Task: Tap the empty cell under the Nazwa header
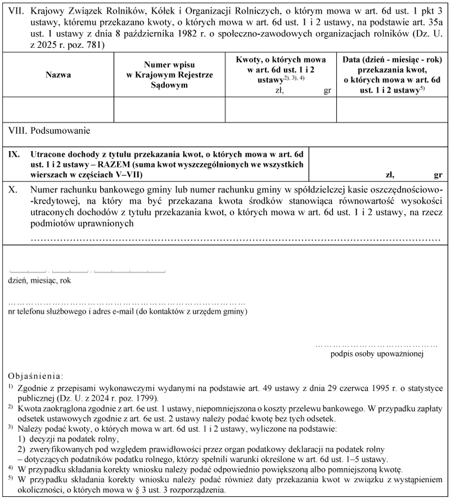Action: tap(54, 110)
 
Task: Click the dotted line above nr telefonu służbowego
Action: tap(127, 302)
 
